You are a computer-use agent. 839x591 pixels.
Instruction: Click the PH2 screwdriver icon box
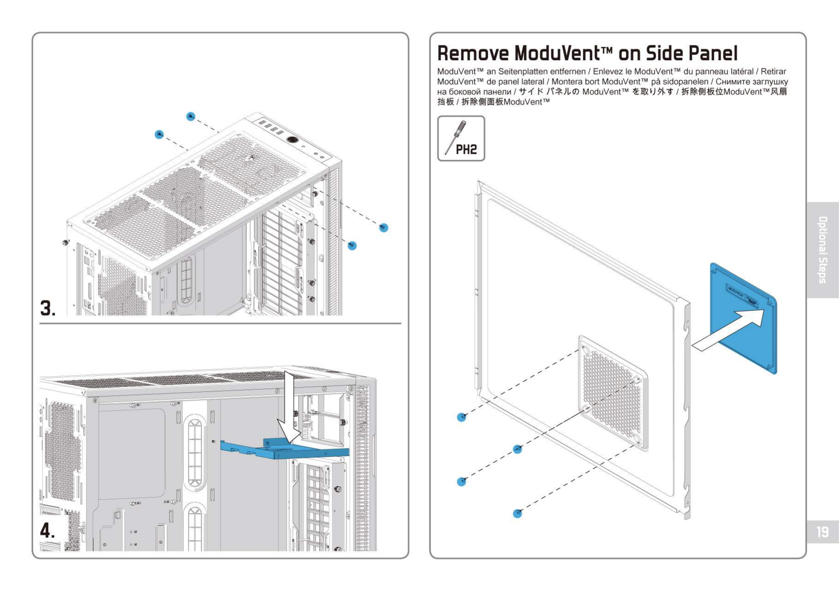pos(461,139)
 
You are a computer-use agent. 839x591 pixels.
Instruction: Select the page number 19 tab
pos(823,532)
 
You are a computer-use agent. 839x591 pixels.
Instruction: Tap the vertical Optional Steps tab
pos(823,250)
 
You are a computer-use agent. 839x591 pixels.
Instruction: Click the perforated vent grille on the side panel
pos(613,393)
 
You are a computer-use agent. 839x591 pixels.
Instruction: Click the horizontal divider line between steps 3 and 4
pos(220,323)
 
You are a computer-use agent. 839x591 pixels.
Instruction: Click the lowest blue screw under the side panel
pos(517,513)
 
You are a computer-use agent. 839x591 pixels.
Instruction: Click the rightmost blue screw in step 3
pos(383,228)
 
